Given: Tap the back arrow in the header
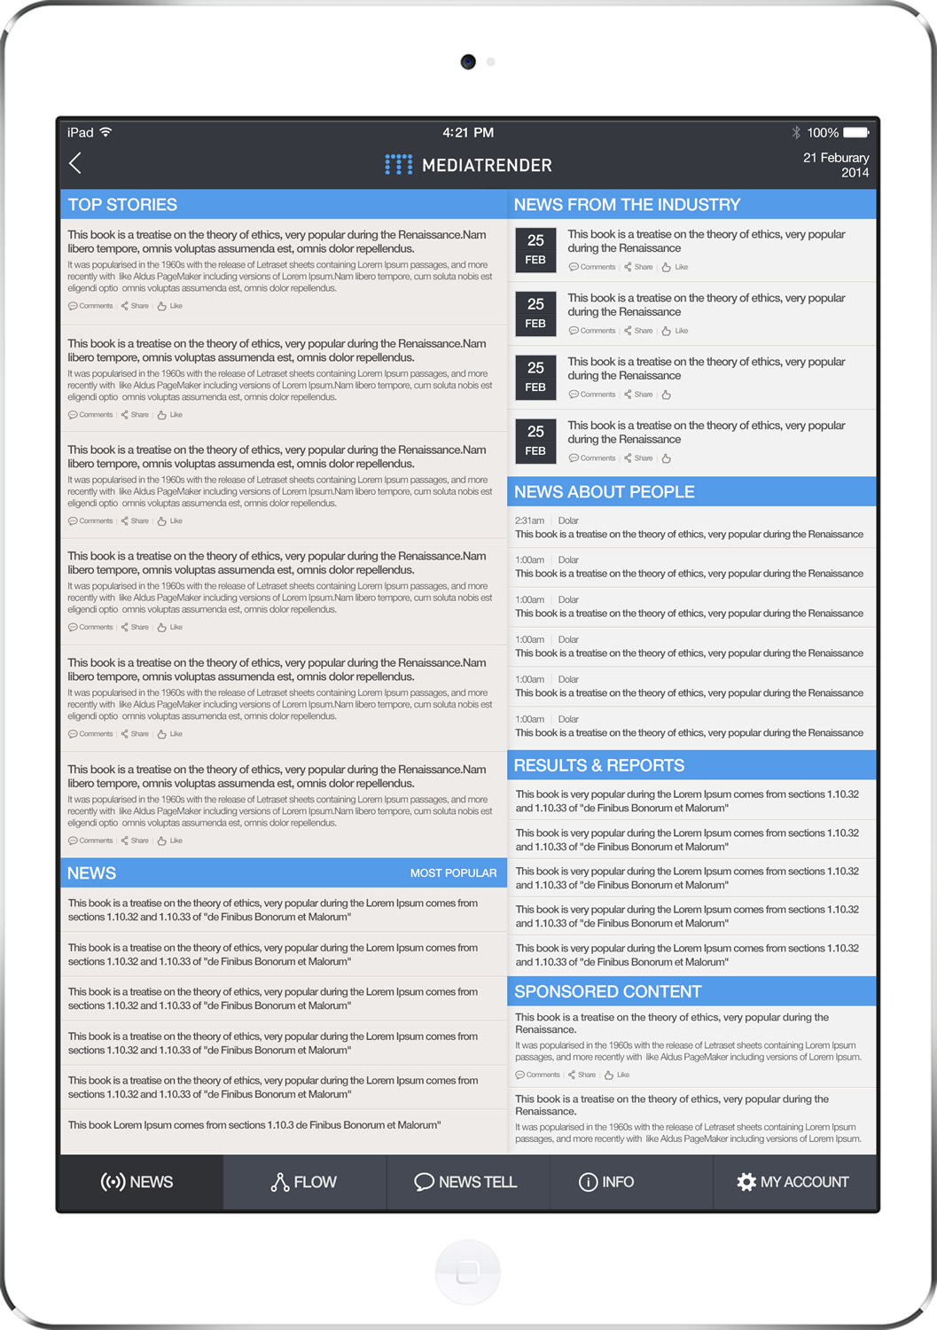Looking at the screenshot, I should pyautogui.click(x=75, y=163).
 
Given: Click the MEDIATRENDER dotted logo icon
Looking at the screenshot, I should pyautogui.click(x=398, y=165).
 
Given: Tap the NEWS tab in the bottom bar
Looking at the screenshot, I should pyautogui.click(x=137, y=1182).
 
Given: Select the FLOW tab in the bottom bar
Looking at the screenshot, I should pyautogui.click(x=304, y=1182).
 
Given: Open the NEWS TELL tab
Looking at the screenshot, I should pyautogui.click(x=466, y=1182).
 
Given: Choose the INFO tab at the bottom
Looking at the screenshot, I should pyautogui.click(x=606, y=1182).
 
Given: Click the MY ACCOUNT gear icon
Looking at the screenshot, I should pyautogui.click(x=746, y=1182).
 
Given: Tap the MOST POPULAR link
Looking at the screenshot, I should pyautogui.click(x=453, y=873).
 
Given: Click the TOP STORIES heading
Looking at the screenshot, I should pyautogui.click(x=122, y=205).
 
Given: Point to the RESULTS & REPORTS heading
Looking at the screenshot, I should pyautogui.click(x=599, y=765).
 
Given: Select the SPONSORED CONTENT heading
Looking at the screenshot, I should pyautogui.click(x=607, y=991).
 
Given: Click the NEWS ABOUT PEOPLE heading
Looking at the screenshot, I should pyautogui.click(x=604, y=492).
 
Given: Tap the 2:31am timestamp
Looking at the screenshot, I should pyautogui.click(x=529, y=520).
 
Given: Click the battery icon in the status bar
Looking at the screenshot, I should pyautogui.click(x=856, y=133).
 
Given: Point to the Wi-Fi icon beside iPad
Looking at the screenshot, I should pyautogui.click(x=105, y=132).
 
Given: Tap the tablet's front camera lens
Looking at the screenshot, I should pyautogui.click(x=468, y=62).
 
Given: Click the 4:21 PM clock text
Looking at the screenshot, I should pyautogui.click(x=468, y=133).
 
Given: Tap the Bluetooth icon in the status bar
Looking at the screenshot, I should pyautogui.click(x=796, y=133).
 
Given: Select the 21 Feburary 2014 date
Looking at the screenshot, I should pyautogui.click(x=836, y=165).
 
